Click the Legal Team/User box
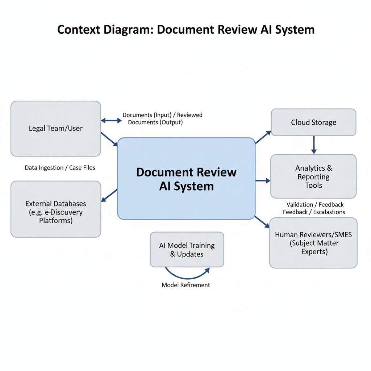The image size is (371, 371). click(56, 129)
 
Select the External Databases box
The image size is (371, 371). click(56, 209)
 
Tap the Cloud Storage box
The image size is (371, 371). click(313, 122)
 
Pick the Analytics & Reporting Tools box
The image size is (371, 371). click(313, 176)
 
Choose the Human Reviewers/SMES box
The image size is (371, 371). click(313, 243)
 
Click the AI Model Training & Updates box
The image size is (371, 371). click(187, 250)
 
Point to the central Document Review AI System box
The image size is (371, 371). click(186, 179)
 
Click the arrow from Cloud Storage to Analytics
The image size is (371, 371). click(314, 145)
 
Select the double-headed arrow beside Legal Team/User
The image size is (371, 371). click(111, 120)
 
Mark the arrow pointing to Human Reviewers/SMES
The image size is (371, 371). click(262, 221)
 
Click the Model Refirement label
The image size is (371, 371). click(185, 285)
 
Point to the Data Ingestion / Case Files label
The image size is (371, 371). click(60, 168)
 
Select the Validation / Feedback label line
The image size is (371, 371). click(315, 205)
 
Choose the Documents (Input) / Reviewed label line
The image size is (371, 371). click(162, 115)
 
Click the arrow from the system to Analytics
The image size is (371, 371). click(263, 180)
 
